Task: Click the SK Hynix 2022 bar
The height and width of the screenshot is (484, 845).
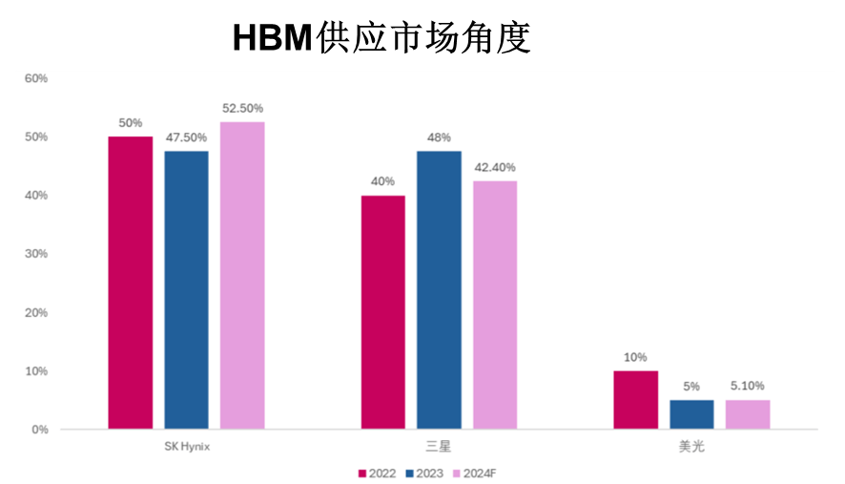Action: tap(130, 283)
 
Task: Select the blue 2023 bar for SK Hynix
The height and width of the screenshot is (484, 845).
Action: tap(186, 289)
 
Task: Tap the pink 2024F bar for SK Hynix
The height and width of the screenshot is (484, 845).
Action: tap(242, 275)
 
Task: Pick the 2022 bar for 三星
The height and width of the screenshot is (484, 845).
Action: tap(382, 312)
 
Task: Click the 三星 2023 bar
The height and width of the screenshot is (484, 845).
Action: tap(439, 289)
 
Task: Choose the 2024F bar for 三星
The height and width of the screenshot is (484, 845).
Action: tap(495, 305)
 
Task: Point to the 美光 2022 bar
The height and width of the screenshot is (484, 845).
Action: tap(635, 400)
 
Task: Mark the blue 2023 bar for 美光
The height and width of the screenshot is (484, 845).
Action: tap(691, 414)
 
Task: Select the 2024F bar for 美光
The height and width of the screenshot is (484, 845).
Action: tap(748, 414)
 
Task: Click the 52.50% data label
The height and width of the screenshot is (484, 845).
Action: tap(242, 108)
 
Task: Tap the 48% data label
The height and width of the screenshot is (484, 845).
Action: tap(439, 137)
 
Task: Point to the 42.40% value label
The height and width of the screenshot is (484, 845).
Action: tap(495, 167)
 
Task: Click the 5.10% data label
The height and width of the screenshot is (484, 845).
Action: tap(748, 386)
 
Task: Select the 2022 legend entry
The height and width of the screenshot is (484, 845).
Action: tap(379, 472)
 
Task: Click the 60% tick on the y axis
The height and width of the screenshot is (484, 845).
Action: tap(35, 78)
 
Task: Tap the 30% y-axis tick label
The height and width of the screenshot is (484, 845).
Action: tap(35, 254)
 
